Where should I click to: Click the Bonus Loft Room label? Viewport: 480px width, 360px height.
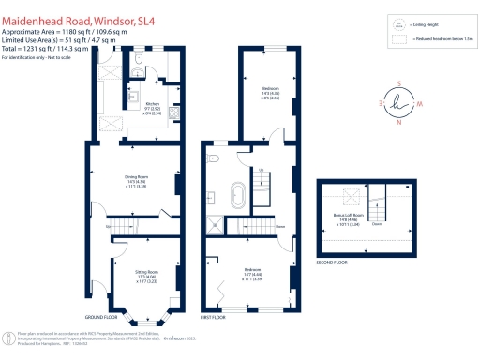pyautogui.click(x=349, y=217)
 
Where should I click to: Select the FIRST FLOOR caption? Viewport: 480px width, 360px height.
pyautogui.click(x=215, y=318)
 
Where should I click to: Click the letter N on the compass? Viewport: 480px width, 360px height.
pyautogui.click(x=399, y=122)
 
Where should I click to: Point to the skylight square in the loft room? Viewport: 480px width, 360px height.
pyautogui.click(x=353, y=197)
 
